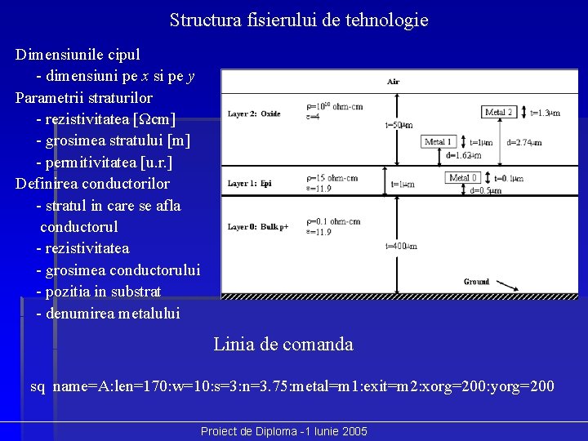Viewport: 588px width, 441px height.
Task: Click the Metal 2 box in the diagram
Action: click(x=499, y=112)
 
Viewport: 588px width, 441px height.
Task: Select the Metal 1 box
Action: click(x=440, y=142)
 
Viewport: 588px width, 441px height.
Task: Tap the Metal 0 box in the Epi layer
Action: click(x=463, y=178)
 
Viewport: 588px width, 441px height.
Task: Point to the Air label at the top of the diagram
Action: click(x=394, y=82)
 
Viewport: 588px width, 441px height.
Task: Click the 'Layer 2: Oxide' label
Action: click(x=254, y=114)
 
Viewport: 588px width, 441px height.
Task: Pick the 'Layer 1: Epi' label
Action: click(x=249, y=183)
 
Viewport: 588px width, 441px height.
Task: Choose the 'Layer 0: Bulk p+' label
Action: click(x=259, y=226)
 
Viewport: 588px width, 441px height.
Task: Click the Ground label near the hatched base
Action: click(x=477, y=282)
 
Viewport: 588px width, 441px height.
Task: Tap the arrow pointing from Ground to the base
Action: click(x=506, y=286)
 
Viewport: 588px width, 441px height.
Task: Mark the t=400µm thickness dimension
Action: click(x=400, y=246)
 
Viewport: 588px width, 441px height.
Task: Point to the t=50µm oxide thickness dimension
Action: click(x=399, y=125)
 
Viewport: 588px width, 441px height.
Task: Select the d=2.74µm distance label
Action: click(x=524, y=142)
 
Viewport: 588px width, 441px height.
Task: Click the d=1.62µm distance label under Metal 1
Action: click(x=463, y=155)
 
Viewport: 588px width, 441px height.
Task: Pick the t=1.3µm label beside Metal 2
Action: click(x=545, y=113)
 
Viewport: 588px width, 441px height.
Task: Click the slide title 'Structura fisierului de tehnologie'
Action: click(x=299, y=20)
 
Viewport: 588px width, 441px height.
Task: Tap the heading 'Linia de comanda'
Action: click(x=283, y=345)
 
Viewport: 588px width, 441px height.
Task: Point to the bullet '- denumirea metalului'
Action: click(x=108, y=313)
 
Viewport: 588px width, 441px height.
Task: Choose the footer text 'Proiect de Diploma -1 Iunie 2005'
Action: click(x=284, y=431)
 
